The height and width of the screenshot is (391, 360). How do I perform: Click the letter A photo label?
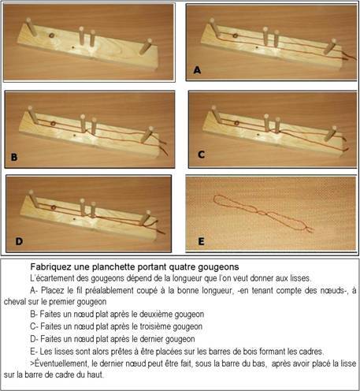click(x=197, y=70)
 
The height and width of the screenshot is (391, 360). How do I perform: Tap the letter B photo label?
click(x=14, y=157)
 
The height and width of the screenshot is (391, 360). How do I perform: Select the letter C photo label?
click(x=201, y=155)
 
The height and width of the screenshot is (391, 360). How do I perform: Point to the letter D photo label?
click(x=19, y=241)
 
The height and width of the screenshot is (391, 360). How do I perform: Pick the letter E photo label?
click(x=201, y=241)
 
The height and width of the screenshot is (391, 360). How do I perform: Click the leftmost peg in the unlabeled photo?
click(x=32, y=27)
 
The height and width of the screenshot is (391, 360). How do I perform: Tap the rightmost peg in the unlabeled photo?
click(x=146, y=47)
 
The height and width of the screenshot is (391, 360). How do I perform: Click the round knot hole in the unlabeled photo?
click(x=51, y=35)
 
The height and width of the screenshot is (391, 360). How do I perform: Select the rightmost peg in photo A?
click(x=330, y=47)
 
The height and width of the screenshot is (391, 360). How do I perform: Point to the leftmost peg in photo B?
click(x=33, y=114)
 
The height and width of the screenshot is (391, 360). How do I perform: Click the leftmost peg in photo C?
click(x=217, y=114)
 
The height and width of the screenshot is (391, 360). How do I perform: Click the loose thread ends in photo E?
click(x=309, y=229)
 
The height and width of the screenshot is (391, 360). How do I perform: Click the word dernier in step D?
click(x=154, y=339)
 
